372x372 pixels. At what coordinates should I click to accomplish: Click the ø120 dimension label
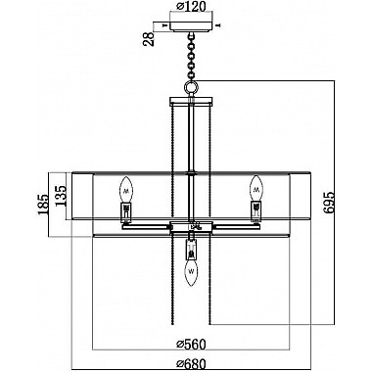click(x=191, y=6)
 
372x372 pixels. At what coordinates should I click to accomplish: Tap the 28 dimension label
click(x=149, y=39)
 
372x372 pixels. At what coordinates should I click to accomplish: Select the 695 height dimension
click(x=329, y=203)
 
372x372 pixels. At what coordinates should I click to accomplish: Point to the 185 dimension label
click(x=43, y=204)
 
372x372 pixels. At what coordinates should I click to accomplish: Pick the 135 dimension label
click(x=61, y=196)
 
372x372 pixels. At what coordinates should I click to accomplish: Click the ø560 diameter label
click(x=191, y=344)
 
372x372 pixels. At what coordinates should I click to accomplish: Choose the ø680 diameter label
click(x=191, y=363)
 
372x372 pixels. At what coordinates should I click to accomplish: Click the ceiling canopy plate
click(x=191, y=26)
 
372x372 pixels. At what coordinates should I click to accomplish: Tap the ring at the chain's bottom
click(x=191, y=86)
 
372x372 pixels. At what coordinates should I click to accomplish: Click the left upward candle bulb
click(x=126, y=189)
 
